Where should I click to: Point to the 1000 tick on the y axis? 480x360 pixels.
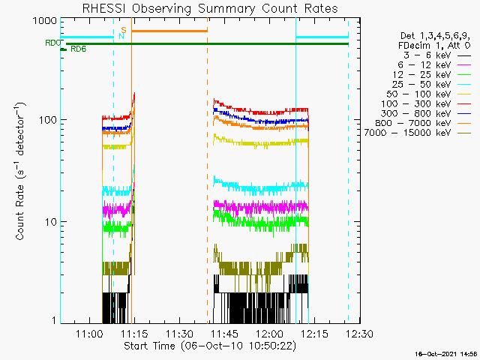pos(35,20)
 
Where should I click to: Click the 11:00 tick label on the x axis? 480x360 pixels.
pos(89,333)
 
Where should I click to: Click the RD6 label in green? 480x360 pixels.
pos(78,49)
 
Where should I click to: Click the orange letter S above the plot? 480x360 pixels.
pos(124,29)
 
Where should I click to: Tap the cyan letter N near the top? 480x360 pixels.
pos(121,35)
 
